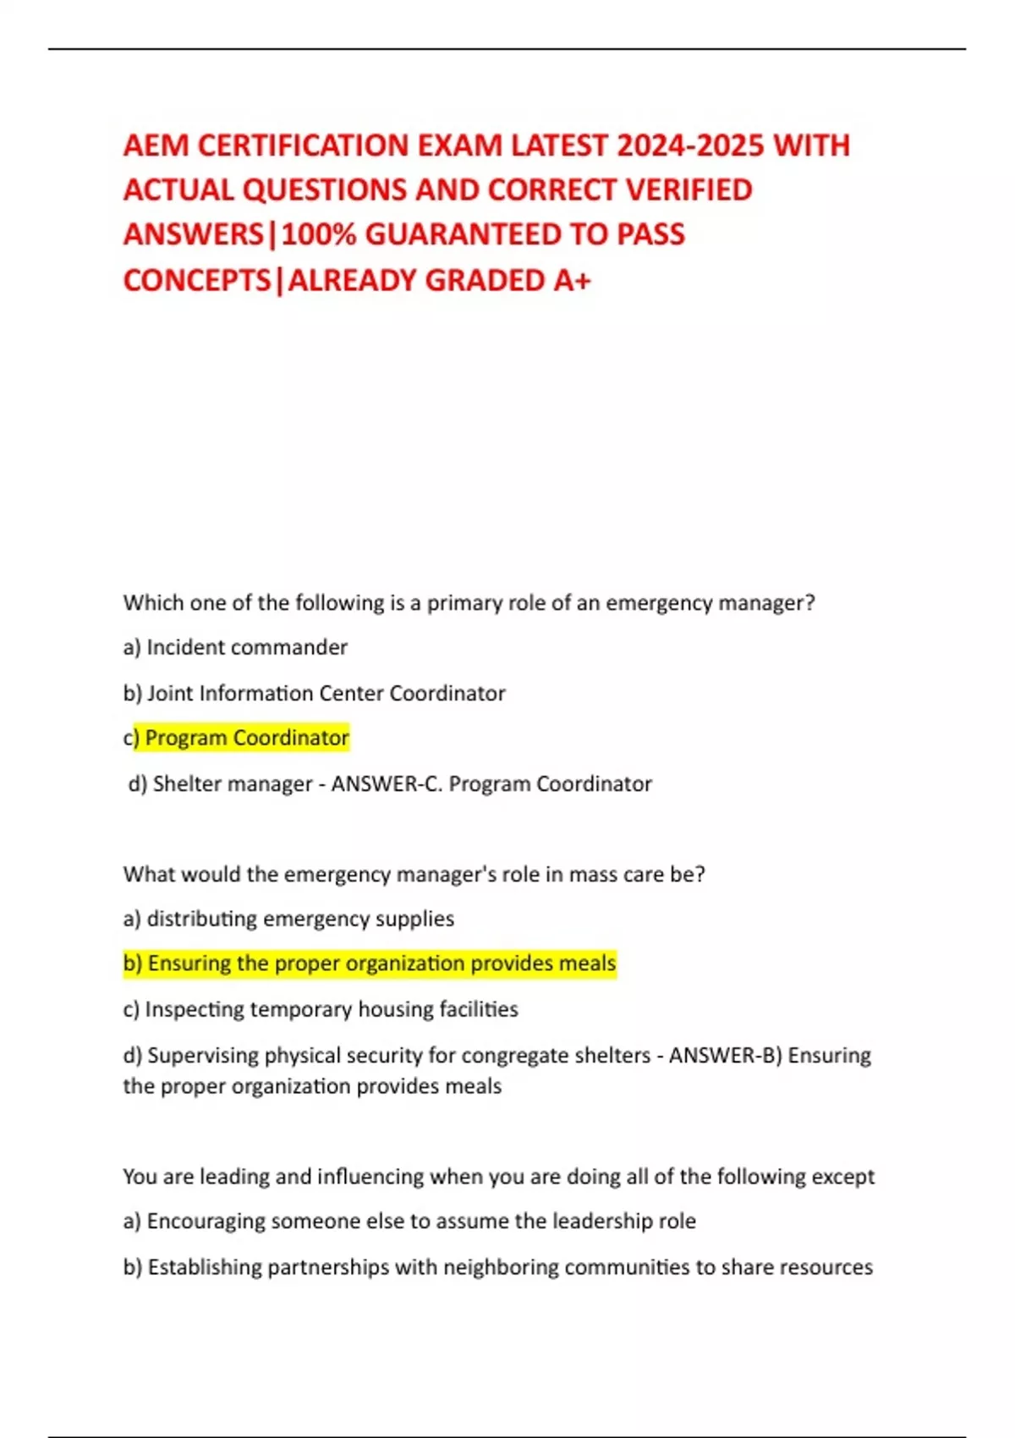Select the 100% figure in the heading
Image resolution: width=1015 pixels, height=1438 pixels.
(x=318, y=234)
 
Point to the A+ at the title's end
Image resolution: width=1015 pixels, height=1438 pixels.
(x=572, y=280)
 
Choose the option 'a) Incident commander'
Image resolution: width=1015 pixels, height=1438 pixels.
(x=235, y=647)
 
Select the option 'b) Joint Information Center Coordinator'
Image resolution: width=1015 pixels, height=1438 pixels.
(x=314, y=693)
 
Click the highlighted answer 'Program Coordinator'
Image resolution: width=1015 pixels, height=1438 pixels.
(x=246, y=738)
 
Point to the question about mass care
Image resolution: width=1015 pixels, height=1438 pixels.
(x=414, y=874)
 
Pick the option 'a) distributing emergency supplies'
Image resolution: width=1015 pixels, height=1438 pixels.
(x=288, y=919)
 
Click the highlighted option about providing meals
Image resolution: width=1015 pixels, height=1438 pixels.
(x=370, y=963)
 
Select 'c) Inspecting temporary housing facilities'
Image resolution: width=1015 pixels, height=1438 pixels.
(x=321, y=1009)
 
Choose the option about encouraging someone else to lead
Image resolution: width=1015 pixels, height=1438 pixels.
(x=409, y=1221)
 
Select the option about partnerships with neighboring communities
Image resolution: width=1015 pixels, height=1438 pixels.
(x=497, y=1266)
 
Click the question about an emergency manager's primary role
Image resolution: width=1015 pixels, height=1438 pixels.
(x=469, y=602)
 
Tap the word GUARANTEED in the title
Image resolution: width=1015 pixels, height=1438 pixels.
(x=463, y=234)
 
